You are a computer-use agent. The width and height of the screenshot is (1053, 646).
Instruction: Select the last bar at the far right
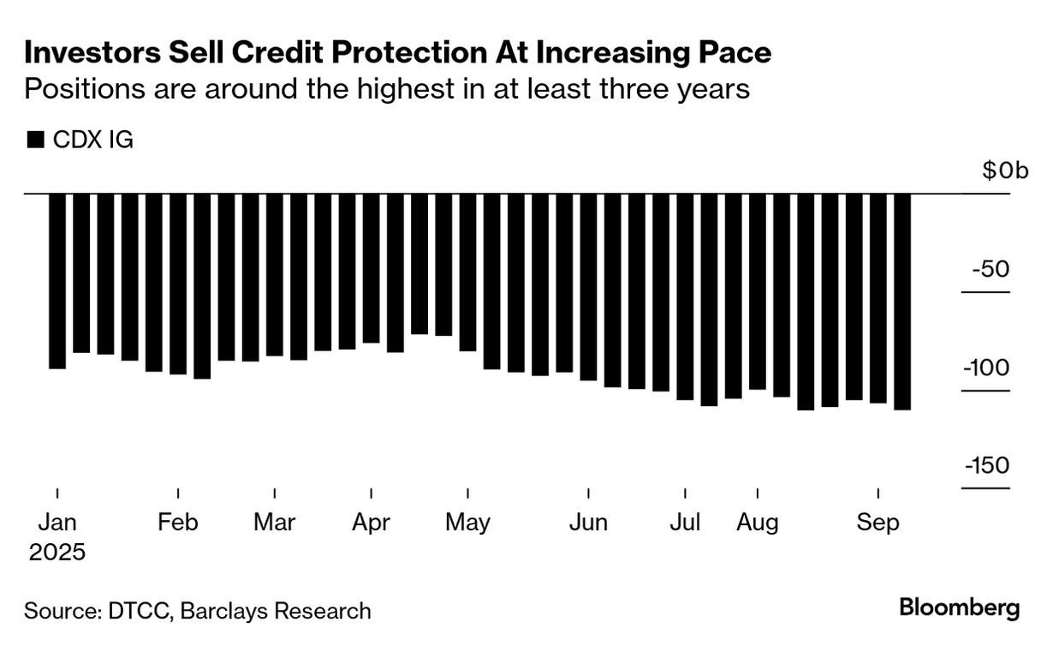tap(902, 302)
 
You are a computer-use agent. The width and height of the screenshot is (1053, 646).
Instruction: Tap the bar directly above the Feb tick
tap(178, 284)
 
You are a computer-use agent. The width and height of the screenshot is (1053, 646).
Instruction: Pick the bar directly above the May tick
tap(467, 272)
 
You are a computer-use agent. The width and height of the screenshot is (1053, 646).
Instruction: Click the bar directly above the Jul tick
tap(685, 296)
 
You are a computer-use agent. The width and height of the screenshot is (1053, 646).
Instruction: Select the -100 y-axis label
tap(986, 368)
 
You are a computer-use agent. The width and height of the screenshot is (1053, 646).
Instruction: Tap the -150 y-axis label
tap(986, 466)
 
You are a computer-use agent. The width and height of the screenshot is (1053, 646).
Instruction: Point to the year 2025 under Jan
tap(57, 553)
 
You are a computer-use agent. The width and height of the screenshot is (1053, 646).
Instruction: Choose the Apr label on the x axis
tap(372, 523)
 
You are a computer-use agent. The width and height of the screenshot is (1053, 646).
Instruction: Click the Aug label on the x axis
tap(758, 523)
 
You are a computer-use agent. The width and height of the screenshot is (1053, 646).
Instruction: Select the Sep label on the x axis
tap(878, 523)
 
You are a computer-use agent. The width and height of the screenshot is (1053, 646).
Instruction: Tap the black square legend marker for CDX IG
tap(35, 140)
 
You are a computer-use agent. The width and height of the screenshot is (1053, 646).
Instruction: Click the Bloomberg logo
tap(960, 608)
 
